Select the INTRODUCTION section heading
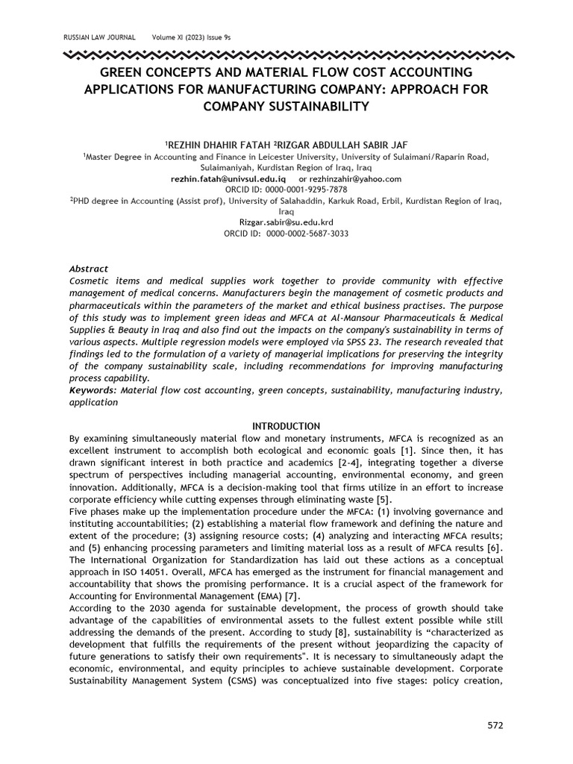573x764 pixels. (286, 426)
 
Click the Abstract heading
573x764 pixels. (89, 269)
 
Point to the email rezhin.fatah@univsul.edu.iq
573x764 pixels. (228, 179)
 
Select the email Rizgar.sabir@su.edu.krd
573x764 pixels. (286, 222)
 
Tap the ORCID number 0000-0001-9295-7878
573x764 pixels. (304, 190)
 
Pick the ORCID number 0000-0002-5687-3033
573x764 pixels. (304, 234)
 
